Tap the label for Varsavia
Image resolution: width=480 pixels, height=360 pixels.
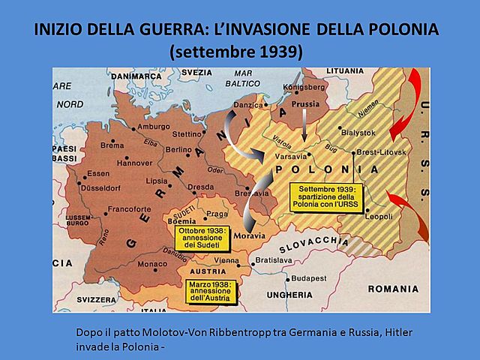[x=291, y=157]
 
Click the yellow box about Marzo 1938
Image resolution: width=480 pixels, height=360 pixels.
[x=209, y=291]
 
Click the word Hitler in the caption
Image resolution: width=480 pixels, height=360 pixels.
[x=391, y=332]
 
